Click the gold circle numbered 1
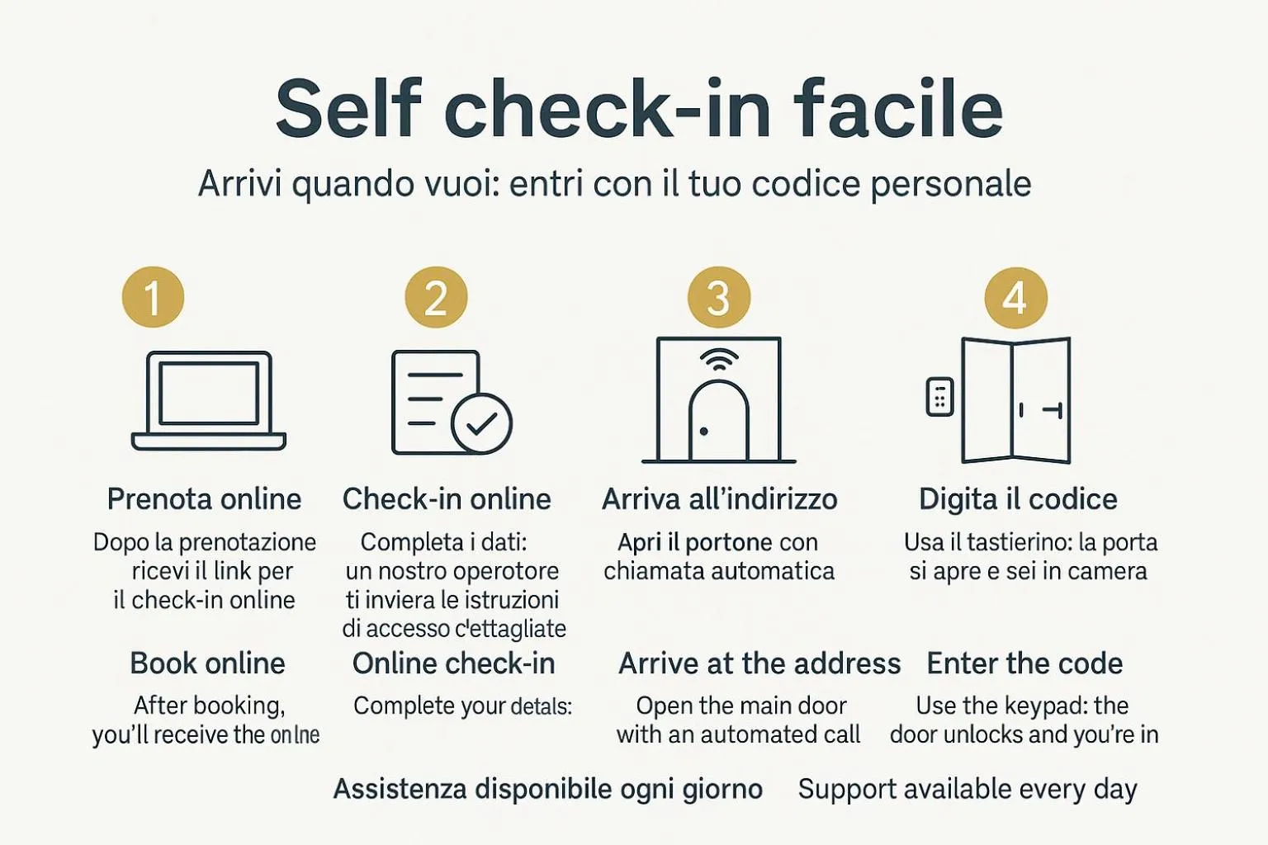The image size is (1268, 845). coord(153,297)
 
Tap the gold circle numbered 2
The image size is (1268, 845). coord(436,297)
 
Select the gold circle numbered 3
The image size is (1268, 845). coord(719,297)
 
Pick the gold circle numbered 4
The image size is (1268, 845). coord(1015,297)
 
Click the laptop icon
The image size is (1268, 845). coord(209,401)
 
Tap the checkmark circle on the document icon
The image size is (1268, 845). coord(482,423)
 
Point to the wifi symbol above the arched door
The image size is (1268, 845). coord(719,359)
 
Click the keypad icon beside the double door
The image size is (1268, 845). coord(939,397)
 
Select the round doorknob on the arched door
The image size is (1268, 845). coord(703,431)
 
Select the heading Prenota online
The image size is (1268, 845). coord(204,499)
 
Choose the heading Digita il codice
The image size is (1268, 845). coord(1018,499)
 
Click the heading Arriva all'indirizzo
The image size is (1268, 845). coord(719,499)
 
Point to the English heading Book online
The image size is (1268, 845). coord(207,663)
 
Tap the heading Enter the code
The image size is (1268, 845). coord(1024,663)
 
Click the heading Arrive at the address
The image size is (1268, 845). coord(759,663)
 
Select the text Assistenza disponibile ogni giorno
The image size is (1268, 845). coord(547,789)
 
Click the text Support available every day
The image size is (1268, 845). coord(968,789)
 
